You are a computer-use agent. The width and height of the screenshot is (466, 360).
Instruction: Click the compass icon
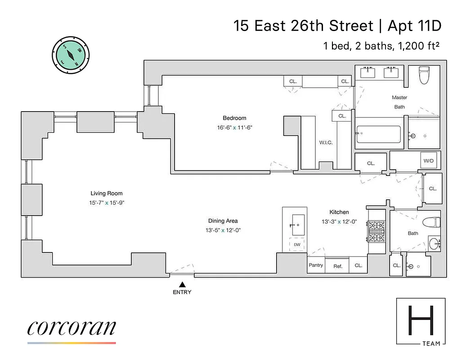tap(71, 55)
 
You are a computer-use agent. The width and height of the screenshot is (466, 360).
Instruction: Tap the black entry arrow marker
tap(182, 284)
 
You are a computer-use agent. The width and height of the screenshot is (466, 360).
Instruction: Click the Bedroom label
tap(235, 118)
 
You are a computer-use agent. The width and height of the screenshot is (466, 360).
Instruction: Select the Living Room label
tap(107, 193)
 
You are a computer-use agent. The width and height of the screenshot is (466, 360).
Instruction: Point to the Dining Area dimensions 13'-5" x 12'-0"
tap(223, 230)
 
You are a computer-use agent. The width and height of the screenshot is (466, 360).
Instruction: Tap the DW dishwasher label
tap(297, 244)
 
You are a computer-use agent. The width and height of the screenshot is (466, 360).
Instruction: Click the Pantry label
tap(316, 265)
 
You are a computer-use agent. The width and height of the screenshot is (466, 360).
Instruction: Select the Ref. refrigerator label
tap(338, 266)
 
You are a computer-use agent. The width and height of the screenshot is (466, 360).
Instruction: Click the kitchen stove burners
tap(375, 230)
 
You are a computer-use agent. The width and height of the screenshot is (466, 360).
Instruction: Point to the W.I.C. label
tap(326, 143)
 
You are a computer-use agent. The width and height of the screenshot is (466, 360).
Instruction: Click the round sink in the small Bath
tap(434, 244)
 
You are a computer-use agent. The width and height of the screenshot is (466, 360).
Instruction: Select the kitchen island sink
tap(297, 224)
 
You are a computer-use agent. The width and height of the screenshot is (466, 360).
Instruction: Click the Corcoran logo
tap(72, 328)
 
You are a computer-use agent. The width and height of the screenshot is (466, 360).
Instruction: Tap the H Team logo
tap(421, 321)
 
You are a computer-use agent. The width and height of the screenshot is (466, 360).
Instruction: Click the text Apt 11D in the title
tap(414, 26)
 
